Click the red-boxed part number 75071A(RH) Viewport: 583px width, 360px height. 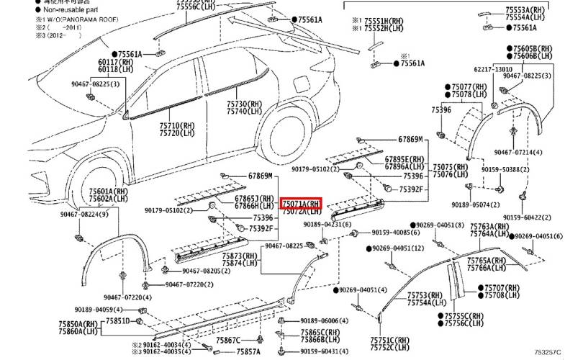point(301,204)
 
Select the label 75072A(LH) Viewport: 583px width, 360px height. point(301,212)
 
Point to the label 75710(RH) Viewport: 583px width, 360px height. point(177,125)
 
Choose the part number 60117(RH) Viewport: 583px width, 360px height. point(112,63)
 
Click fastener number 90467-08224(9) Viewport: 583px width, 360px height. point(84,214)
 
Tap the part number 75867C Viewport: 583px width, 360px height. point(228,339)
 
